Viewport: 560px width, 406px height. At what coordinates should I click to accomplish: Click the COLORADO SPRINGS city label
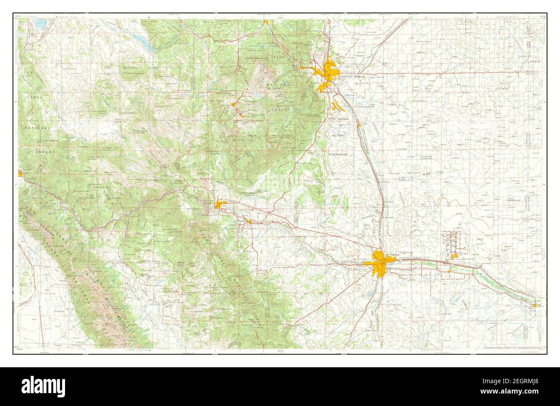pyautogui.click(x=351, y=76)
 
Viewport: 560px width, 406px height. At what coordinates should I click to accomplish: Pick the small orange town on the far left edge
pyautogui.click(x=20, y=174)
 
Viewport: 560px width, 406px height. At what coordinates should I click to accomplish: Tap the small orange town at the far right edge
pyautogui.click(x=535, y=305)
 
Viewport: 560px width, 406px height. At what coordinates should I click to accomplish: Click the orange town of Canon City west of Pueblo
pyautogui.click(x=220, y=205)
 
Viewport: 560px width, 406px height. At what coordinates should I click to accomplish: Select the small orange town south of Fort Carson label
pyautogui.click(x=358, y=126)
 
